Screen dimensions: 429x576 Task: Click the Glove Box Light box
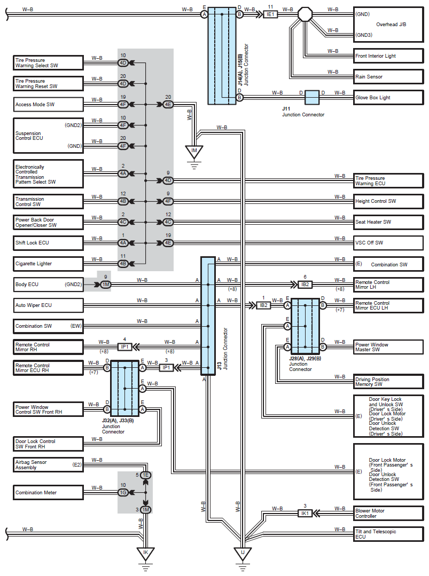coord(388,98)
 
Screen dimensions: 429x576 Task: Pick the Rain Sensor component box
coord(388,77)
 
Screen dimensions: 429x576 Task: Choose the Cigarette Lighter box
coord(48,264)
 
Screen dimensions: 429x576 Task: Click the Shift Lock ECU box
coord(48,243)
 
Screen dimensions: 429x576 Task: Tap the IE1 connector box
coord(270,14)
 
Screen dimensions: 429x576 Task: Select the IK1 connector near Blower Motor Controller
coord(305,513)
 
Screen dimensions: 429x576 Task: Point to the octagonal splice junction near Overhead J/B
coord(305,14)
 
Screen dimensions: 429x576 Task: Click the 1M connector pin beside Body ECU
coord(105,285)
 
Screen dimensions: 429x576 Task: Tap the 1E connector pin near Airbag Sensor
coord(145,475)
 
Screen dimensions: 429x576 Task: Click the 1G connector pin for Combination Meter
coord(123,492)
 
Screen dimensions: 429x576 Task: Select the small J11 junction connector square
coord(311,98)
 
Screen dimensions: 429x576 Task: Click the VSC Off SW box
coord(388,243)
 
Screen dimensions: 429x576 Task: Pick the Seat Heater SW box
coord(388,222)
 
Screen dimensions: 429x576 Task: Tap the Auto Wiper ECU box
coord(48,305)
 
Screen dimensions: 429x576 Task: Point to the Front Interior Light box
coord(388,56)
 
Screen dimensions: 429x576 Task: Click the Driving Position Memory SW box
coord(388,382)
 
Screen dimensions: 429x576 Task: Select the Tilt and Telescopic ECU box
coord(388,534)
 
